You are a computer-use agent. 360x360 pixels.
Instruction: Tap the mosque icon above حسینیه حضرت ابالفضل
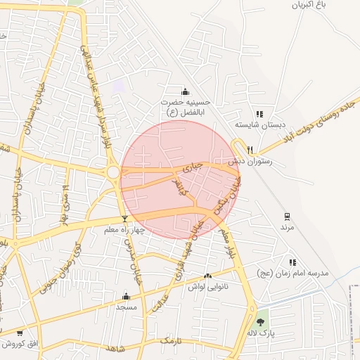pos(186,91)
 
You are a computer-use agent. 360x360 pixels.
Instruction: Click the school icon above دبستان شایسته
pos(259,114)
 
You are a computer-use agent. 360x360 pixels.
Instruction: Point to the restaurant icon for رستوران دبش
pos(250,148)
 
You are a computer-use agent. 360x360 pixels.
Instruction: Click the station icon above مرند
pos(287,217)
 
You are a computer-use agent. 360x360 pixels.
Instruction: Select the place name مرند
pos(287,228)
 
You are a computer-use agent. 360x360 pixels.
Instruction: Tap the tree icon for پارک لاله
pos(261,322)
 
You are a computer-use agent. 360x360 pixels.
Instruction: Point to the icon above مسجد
pos(127,296)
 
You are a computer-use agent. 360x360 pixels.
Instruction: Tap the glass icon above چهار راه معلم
pos(124,219)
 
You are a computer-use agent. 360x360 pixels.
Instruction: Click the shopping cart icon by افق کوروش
pos(19,333)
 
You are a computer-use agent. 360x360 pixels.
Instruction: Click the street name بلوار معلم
pos(226,243)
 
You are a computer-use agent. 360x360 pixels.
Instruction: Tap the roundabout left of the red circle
pos(112,172)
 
